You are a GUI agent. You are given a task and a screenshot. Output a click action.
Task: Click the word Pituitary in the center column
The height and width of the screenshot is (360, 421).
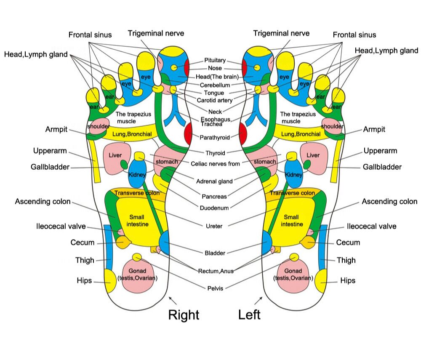(x=215, y=60)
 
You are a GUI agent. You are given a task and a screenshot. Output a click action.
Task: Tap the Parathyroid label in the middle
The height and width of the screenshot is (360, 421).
(x=215, y=137)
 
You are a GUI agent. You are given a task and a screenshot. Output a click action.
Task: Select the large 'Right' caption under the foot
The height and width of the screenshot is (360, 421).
(x=184, y=315)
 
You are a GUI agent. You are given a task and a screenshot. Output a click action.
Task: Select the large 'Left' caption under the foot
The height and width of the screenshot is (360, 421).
(x=249, y=315)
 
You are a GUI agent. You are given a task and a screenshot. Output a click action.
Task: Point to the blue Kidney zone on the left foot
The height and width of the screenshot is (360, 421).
(x=293, y=173)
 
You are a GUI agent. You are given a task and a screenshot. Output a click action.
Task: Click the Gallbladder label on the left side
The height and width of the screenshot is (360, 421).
(x=50, y=167)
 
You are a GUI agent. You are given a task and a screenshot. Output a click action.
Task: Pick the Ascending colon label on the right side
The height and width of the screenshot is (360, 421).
(x=389, y=202)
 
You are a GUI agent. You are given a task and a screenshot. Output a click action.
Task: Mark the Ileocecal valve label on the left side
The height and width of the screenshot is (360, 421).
(x=61, y=227)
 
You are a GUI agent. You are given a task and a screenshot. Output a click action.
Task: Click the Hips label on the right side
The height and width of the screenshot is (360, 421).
(x=348, y=280)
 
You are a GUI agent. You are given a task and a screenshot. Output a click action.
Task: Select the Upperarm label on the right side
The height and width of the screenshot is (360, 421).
(x=380, y=151)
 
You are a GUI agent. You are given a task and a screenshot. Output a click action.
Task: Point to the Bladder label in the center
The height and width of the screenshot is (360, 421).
(x=215, y=253)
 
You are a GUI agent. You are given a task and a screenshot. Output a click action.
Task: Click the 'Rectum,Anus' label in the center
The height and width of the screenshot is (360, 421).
(x=216, y=271)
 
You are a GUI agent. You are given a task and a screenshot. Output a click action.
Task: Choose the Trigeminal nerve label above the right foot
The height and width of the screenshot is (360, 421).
(x=156, y=33)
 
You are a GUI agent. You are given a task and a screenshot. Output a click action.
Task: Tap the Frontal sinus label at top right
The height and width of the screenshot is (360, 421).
(x=354, y=35)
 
